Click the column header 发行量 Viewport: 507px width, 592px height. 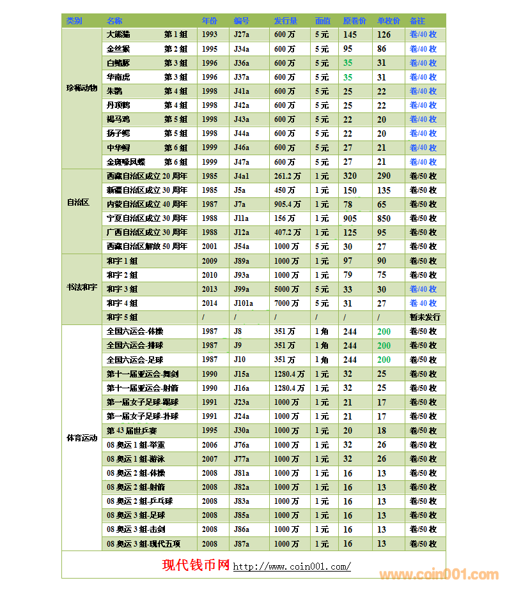[x=285, y=21]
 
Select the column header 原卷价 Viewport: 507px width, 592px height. [x=354, y=21]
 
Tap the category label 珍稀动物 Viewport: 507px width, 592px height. [x=82, y=88]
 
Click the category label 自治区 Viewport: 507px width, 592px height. [x=77, y=202]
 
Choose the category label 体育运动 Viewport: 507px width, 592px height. [x=82, y=438]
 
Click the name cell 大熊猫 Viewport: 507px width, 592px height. [x=118, y=34]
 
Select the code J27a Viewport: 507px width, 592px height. [x=242, y=34]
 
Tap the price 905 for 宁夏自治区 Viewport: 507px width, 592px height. [x=350, y=218]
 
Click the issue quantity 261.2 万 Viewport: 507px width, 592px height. [x=287, y=176]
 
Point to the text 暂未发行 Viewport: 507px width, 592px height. [x=425, y=317]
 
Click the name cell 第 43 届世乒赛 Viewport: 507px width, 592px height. [x=133, y=430]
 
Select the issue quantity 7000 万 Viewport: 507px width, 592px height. [x=286, y=303]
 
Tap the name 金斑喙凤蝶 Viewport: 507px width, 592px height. [x=126, y=162]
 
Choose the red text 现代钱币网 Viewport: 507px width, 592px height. [x=196, y=565]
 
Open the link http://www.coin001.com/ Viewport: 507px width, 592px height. [x=292, y=567]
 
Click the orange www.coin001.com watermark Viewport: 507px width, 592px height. [x=439, y=574]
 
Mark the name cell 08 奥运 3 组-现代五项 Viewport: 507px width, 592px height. [x=143, y=543]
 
